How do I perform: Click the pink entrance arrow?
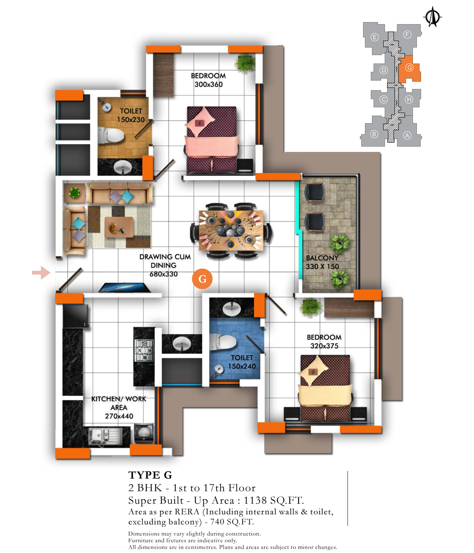pyautogui.click(x=41, y=273)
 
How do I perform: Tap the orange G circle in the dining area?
pyautogui.click(x=202, y=279)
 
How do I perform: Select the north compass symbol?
pyautogui.click(x=432, y=17)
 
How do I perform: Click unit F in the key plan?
pyautogui.click(x=408, y=38)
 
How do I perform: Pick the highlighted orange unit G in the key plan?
pyautogui.click(x=409, y=69)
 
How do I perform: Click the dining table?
pyautogui.click(x=231, y=231)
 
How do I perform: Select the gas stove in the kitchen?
pyautogui.click(x=144, y=350)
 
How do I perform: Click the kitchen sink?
pyautogui.click(x=105, y=436)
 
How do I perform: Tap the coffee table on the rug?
pyautogui.click(x=119, y=227)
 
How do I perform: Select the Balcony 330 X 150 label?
pyautogui.click(x=322, y=262)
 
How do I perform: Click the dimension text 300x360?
pyautogui.click(x=209, y=85)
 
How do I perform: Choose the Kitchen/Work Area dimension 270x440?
pyautogui.click(x=119, y=416)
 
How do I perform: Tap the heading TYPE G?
pyautogui.click(x=150, y=475)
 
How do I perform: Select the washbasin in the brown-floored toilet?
pyautogui.click(x=122, y=167)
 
